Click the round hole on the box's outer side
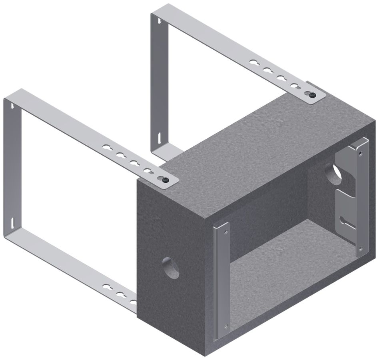coord(171,268)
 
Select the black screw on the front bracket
coord(165,180)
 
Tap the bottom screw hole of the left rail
coord(226,326)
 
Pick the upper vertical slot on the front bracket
coord(13,106)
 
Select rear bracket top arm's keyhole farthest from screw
coord(253,63)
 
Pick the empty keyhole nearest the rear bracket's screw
coord(296,86)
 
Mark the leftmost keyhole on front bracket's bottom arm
coord(107,287)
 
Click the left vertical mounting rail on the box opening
coord(221,280)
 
